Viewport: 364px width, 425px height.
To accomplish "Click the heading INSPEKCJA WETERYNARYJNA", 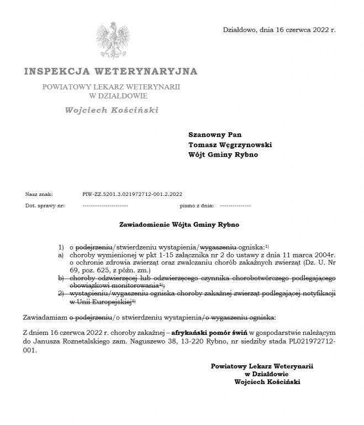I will point(110,71).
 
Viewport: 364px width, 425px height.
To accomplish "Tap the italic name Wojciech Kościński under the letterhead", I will point(111,110).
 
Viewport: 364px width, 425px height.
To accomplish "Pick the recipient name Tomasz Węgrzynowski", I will point(230,144).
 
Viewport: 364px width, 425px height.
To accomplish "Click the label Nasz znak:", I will point(39,194).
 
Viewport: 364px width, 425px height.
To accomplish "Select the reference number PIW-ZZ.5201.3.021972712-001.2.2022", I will point(132,194).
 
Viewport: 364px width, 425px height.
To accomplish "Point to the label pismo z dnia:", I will point(197,205).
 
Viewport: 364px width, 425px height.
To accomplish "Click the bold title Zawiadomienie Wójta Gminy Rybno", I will point(179,225).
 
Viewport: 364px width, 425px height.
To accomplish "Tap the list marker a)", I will point(61,256).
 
